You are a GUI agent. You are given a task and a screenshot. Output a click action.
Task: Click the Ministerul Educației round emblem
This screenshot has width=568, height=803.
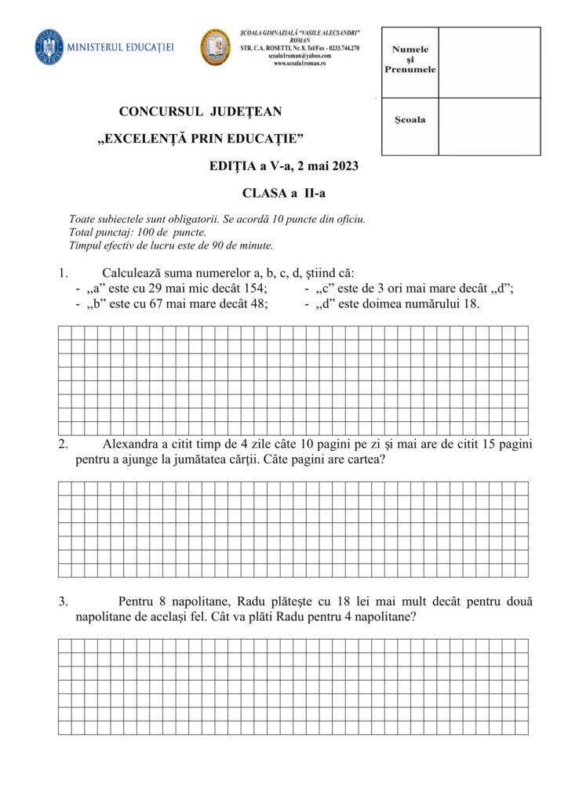pos(49,47)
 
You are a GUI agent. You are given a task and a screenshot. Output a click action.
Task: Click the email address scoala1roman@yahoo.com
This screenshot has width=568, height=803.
pos(300,56)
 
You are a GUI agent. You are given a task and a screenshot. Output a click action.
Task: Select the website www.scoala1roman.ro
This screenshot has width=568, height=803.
pos(300,64)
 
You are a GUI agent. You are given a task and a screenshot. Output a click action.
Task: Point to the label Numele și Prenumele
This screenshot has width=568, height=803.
pos(410,60)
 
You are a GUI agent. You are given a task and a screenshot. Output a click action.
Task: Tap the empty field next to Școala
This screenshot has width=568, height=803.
pos(489,126)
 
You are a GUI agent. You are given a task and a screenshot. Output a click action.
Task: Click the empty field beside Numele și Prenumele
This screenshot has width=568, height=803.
pos(489,62)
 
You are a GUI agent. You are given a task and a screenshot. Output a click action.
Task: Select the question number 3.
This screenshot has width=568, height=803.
pos(63,601)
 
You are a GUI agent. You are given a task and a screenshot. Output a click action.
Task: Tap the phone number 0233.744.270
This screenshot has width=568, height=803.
pos(339,48)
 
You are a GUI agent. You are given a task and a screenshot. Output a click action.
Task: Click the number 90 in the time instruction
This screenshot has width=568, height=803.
pos(214,245)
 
